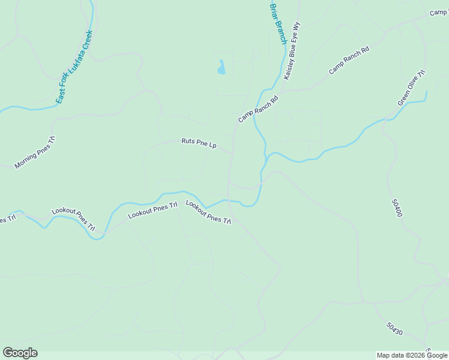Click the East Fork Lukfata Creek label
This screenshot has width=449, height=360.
(x=74, y=67)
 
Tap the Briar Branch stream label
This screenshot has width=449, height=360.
(x=278, y=23)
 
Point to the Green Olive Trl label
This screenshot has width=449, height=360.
(x=411, y=88)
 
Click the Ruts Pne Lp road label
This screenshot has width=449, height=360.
(x=199, y=143)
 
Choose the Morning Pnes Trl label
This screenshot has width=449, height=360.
(x=35, y=152)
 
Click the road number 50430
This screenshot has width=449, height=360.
(x=394, y=329)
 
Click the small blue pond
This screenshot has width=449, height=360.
(x=221, y=67)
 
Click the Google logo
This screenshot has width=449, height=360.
(x=20, y=353)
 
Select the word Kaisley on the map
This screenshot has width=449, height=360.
(x=289, y=70)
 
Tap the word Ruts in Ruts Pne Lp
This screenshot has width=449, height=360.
(x=188, y=142)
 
